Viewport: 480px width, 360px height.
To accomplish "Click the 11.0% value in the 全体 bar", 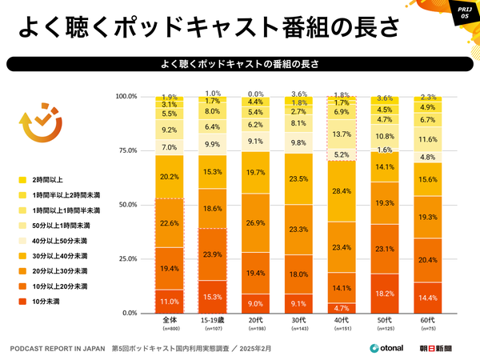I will click(x=170, y=302).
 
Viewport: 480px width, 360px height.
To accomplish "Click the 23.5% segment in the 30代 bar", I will click(x=298, y=179).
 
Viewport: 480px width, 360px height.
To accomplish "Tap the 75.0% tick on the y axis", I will click(x=126, y=150).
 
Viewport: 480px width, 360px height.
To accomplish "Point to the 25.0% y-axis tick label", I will click(x=126, y=258).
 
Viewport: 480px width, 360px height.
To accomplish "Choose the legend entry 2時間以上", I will click(x=49, y=179).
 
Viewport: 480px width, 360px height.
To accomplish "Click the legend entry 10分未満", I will click(x=49, y=301).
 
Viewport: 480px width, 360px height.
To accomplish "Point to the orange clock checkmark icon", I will click(x=35, y=125).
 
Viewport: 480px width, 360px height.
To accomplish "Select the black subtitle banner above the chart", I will click(x=240, y=62).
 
